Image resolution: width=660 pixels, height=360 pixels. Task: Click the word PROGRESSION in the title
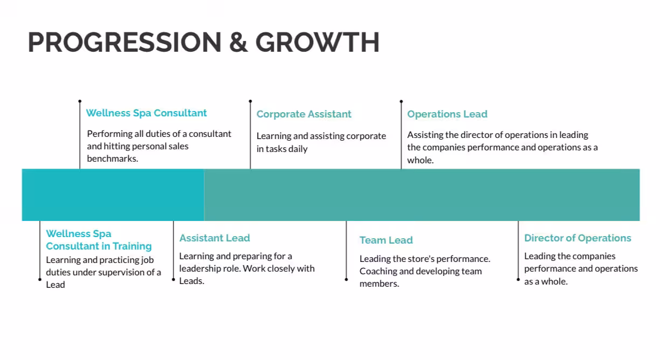[125, 42]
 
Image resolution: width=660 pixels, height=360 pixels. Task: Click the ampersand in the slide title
[238, 42]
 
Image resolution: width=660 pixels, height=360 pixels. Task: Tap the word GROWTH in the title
[318, 42]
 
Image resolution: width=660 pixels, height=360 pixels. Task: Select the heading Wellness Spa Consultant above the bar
[147, 113]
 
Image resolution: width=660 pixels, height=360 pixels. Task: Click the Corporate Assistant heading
[304, 114]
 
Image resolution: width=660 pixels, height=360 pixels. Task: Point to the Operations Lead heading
[447, 114]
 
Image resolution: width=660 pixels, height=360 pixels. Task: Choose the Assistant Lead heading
[215, 238]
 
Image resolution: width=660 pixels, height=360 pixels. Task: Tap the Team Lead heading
[386, 240]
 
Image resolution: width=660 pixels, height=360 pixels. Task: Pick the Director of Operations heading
[577, 238]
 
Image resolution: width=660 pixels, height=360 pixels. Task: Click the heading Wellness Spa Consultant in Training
[99, 240]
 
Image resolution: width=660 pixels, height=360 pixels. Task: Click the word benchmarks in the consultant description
[113, 158]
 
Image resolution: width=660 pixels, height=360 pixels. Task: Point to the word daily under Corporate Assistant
[298, 149]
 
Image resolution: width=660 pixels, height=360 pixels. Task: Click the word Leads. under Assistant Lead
[191, 281]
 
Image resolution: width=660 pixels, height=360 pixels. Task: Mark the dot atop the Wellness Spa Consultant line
[80, 101]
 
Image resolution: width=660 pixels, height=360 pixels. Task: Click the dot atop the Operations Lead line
[401, 101]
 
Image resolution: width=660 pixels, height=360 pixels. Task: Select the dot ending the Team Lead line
[346, 279]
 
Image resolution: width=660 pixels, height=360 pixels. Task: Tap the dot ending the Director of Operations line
[518, 279]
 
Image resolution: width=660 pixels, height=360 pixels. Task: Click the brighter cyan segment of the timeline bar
[113, 195]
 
